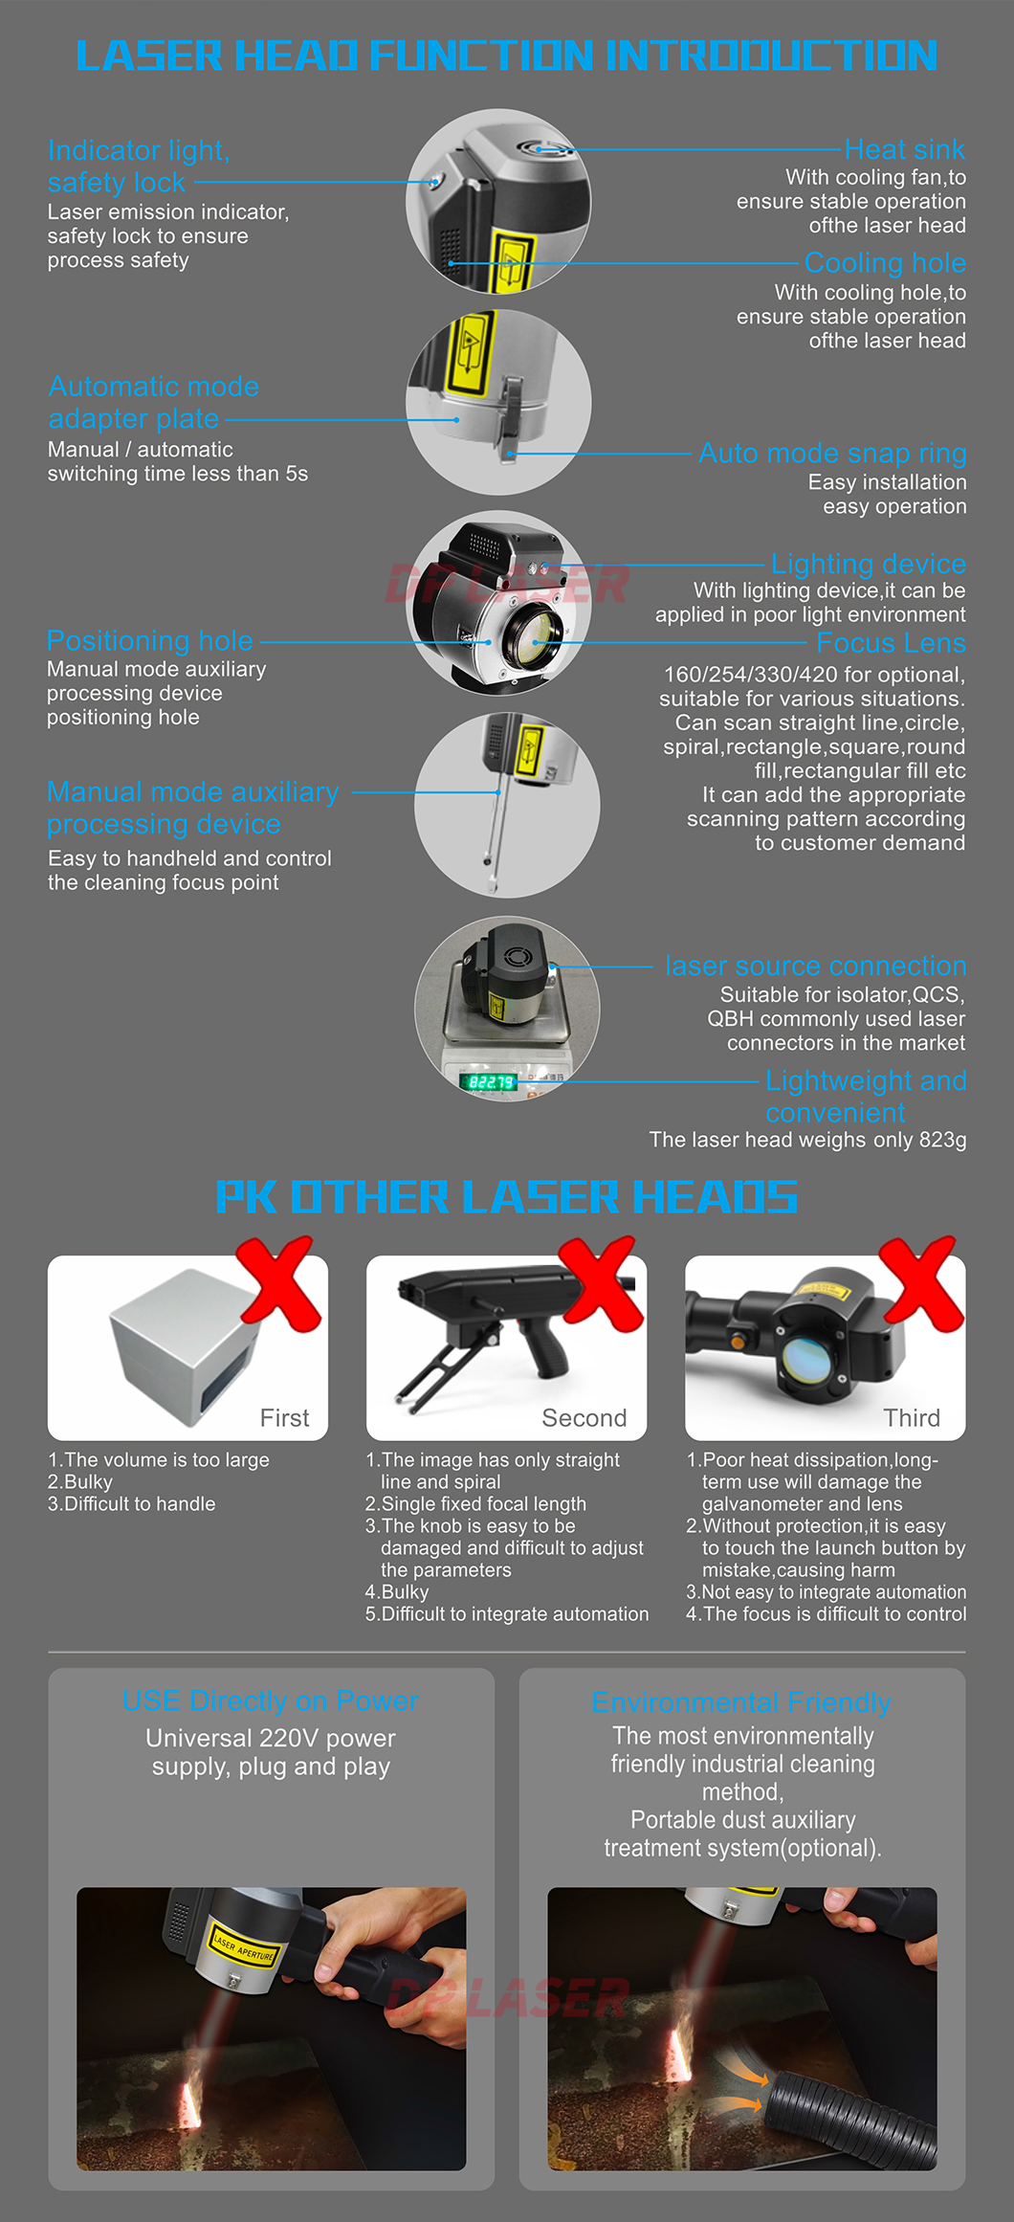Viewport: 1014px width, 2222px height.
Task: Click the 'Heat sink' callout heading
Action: [905, 149]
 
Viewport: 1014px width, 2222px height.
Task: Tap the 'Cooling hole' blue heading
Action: [885, 262]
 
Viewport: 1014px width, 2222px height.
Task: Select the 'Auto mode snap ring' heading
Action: [832, 453]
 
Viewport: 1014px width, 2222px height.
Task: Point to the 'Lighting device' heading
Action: [869, 564]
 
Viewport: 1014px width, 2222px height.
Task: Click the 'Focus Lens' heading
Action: [891, 642]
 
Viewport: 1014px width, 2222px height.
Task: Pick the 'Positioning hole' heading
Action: [150, 640]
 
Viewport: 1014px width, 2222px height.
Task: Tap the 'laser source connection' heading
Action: [816, 966]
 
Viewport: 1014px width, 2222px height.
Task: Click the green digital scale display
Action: [490, 1082]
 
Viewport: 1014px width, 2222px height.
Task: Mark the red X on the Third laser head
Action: [921, 1282]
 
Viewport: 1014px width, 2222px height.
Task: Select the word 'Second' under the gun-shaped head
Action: [584, 1418]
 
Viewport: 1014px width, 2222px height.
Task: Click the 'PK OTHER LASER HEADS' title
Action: [507, 1196]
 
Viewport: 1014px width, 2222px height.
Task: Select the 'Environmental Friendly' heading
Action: [741, 1702]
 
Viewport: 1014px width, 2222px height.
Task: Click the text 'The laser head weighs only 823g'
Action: [808, 1140]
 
